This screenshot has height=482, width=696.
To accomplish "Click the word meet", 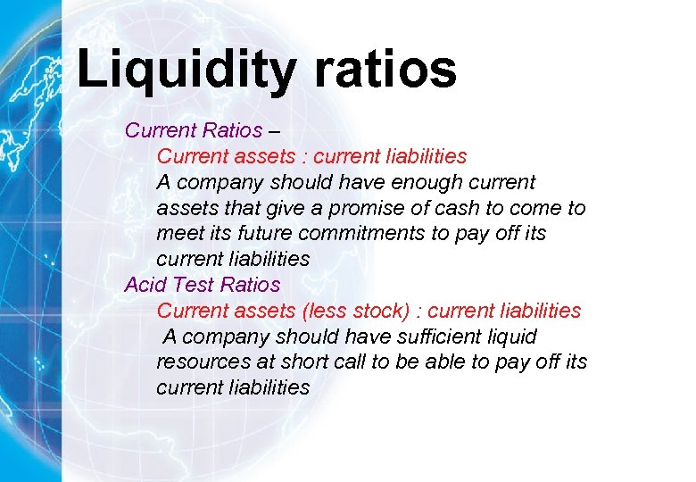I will [178, 234].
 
